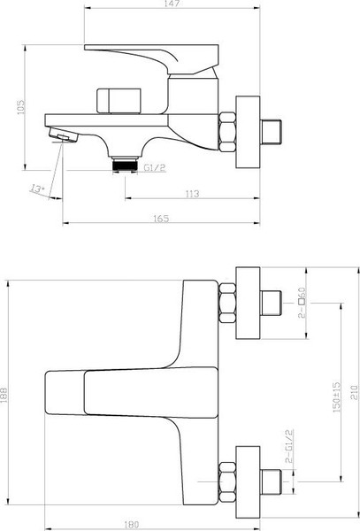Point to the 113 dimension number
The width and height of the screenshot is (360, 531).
click(193, 194)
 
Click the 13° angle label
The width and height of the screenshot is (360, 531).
click(37, 187)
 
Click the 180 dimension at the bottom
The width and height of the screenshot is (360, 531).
click(132, 525)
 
